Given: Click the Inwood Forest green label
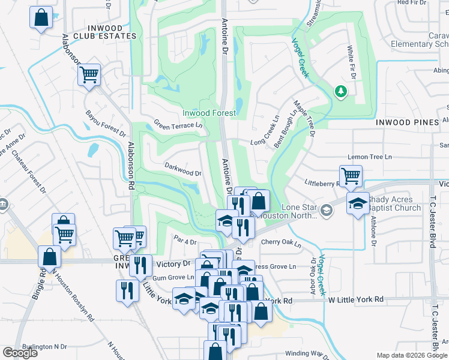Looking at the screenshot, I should (209, 113).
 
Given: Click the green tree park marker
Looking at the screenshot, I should (341, 91).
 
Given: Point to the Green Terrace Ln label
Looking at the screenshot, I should (178, 125).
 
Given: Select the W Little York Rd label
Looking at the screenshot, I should (354, 299).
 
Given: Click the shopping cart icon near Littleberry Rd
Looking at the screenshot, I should (351, 175).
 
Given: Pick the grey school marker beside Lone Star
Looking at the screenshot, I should (326, 210).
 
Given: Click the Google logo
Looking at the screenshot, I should (20, 353).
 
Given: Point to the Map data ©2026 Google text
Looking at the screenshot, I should (412, 355).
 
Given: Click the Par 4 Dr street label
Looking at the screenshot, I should (185, 241).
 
